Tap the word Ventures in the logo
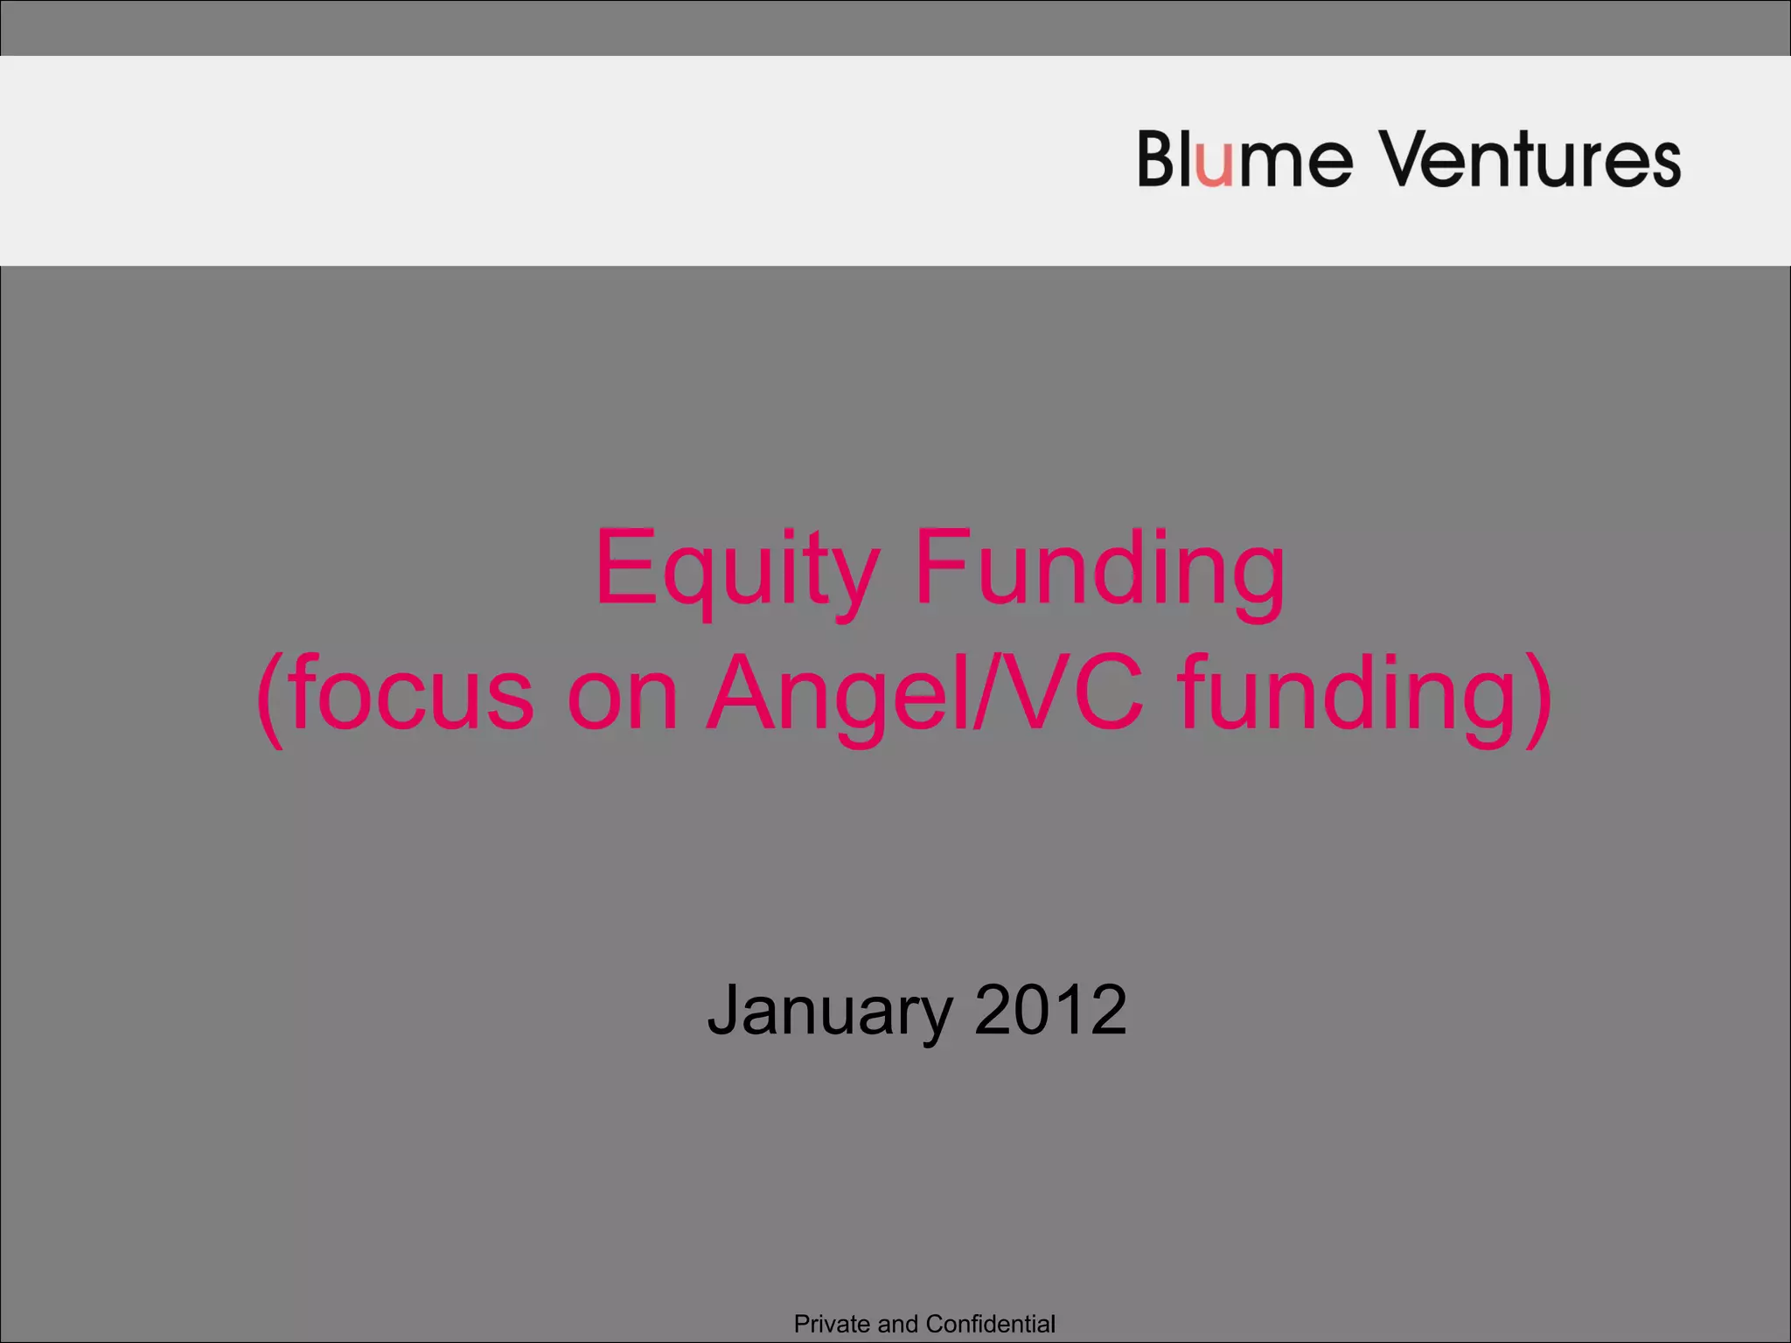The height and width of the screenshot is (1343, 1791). [x=1530, y=159]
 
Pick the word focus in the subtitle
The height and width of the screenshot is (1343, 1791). [x=411, y=695]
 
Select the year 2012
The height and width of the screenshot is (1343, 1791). [x=1050, y=1009]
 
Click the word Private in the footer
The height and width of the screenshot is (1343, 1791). [x=832, y=1324]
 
